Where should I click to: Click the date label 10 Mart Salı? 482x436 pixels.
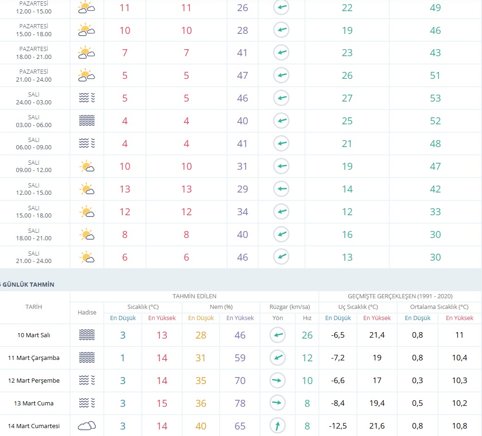(33, 335)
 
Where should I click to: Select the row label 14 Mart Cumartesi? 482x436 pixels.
(33, 426)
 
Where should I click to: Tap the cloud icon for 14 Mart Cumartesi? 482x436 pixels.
(87, 426)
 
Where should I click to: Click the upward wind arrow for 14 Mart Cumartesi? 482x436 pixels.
(278, 426)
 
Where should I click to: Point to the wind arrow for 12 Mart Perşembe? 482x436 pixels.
(277, 380)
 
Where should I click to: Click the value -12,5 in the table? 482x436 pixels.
(338, 426)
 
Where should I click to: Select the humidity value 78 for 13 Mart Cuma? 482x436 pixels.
(240, 403)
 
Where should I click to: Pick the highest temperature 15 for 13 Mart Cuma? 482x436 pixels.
(162, 403)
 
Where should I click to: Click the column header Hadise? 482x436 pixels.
(87, 312)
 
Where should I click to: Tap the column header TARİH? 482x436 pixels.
(33, 307)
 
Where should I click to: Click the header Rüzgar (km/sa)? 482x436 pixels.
(290, 307)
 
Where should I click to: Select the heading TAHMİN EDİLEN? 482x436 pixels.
(194, 296)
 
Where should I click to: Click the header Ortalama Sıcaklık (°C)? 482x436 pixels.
(439, 307)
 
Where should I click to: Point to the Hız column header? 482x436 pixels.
(307, 318)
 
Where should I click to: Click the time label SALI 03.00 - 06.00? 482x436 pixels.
(33, 121)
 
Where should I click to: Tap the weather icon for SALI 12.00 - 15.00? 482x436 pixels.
(87, 189)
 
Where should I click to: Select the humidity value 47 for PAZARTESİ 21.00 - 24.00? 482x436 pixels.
(242, 76)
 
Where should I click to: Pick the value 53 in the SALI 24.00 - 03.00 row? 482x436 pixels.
(435, 98)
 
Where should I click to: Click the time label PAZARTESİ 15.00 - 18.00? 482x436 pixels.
(33, 30)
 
